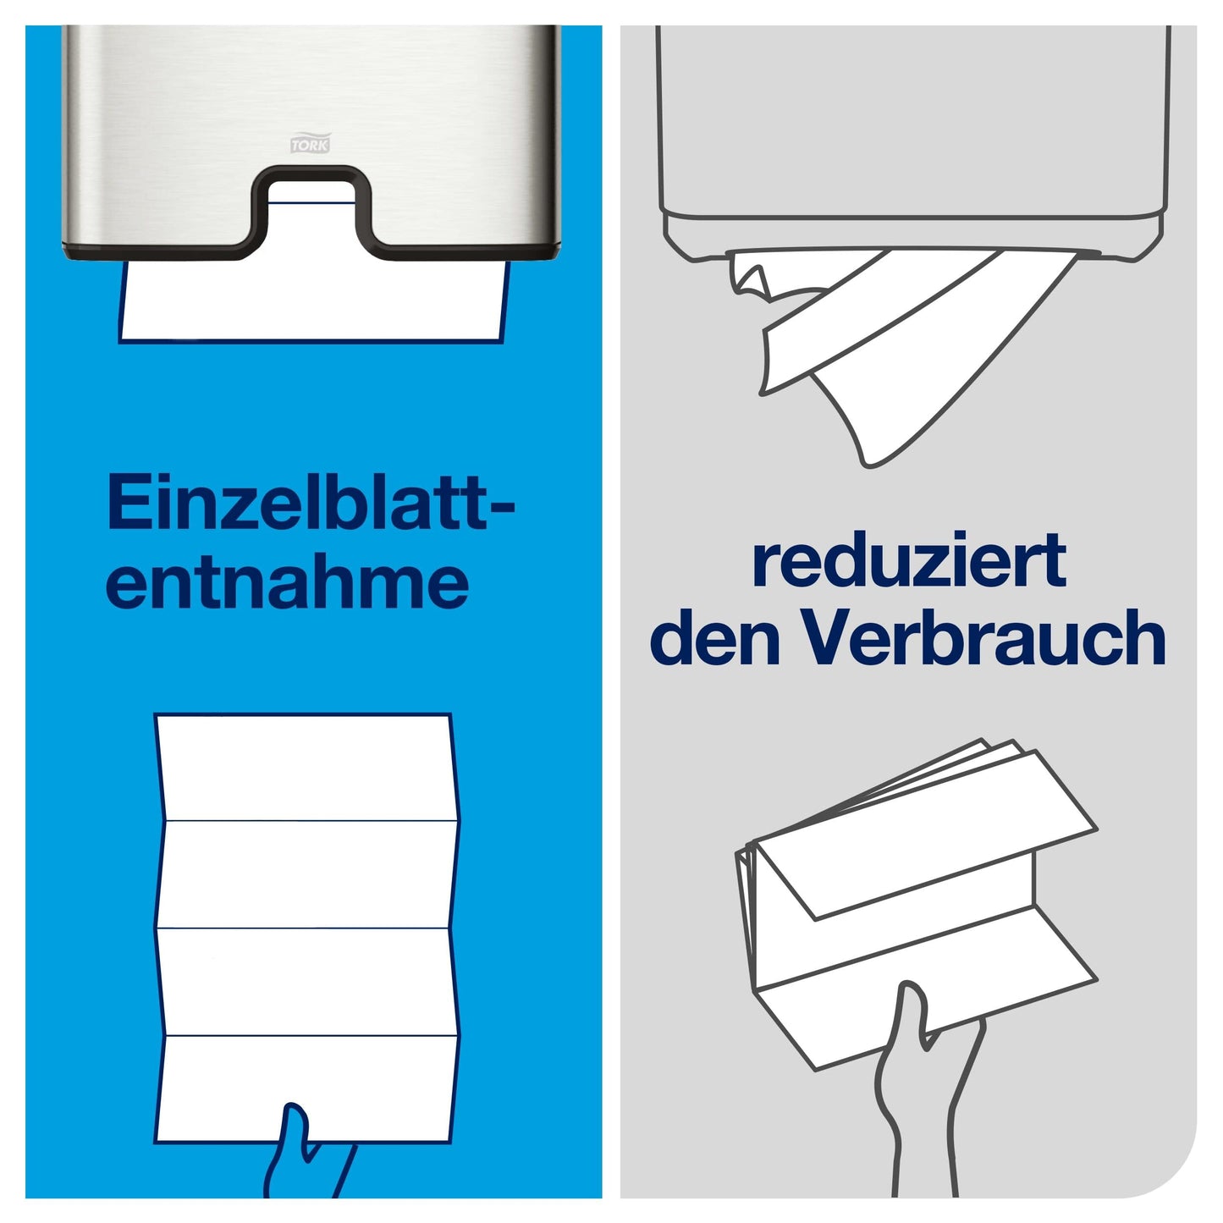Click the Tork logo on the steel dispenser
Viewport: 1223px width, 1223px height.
point(311,143)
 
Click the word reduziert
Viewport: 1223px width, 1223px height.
point(909,559)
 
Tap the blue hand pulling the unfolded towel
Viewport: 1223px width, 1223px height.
point(309,1155)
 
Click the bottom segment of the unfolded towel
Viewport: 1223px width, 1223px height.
point(306,1090)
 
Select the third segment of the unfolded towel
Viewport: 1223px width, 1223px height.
point(306,982)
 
